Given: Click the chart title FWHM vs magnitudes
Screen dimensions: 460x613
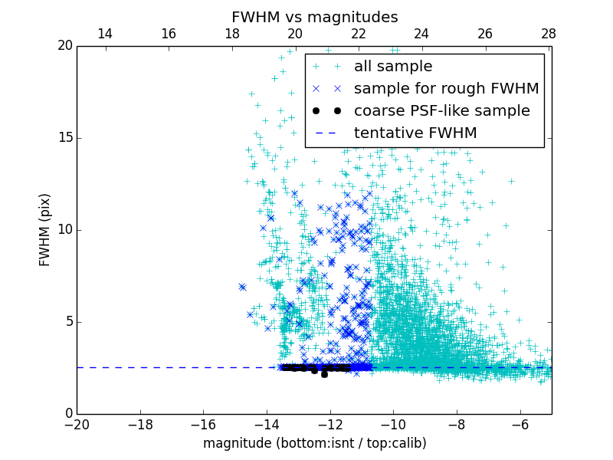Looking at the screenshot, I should coord(314,17).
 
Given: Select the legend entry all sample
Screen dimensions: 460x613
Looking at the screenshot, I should coord(392,67).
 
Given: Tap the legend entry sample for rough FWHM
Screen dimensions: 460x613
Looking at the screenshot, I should coord(446,89).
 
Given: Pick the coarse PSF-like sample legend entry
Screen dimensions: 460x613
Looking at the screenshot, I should coord(441,111).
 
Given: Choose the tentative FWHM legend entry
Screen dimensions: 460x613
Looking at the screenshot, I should coord(415,133).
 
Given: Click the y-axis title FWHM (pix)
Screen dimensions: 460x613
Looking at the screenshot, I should coord(45,229).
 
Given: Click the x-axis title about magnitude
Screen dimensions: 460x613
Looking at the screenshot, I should coord(314,443).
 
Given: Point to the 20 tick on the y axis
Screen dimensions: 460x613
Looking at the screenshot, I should coord(64,46).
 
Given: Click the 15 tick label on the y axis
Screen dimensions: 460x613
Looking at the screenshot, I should coord(64,138).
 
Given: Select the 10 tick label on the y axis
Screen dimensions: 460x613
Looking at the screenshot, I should coord(64,230).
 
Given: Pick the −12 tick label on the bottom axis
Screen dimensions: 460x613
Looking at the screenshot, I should coord(329,425).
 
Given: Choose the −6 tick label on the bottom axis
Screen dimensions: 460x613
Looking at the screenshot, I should coord(520,425).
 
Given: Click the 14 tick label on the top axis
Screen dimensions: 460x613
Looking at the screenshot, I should coord(105,34).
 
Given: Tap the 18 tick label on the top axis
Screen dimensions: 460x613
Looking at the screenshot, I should coord(231,34).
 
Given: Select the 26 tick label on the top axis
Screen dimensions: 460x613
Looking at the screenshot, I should coord(485,34).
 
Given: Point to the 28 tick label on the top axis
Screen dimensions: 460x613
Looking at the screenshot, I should coord(548,34).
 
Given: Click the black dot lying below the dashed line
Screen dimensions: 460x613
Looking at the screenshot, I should coord(324,374).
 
